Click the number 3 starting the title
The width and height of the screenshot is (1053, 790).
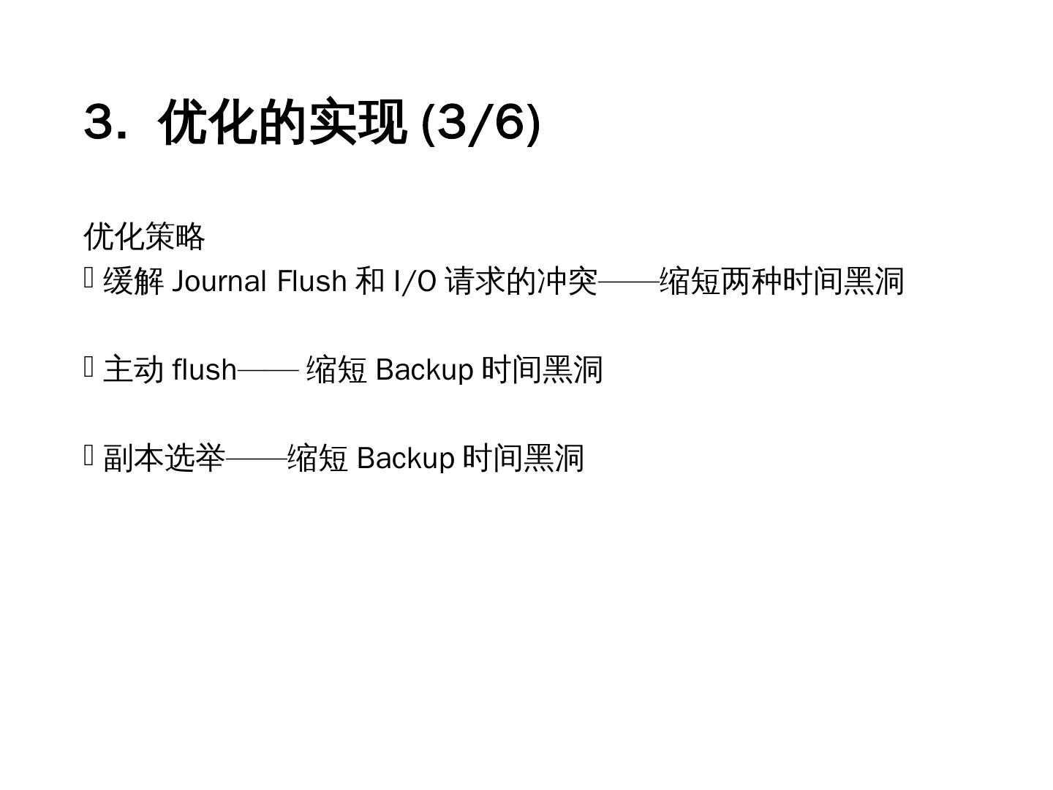click(100, 121)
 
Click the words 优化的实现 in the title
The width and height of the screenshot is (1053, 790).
click(282, 122)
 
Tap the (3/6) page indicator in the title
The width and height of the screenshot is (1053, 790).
click(482, 122)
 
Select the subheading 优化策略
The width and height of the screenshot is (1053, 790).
click(145, 236)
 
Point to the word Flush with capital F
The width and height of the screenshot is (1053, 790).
click(312, 282)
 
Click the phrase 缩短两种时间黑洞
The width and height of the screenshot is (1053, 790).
click(782, 282)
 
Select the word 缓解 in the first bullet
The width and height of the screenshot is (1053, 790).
click(134, 282)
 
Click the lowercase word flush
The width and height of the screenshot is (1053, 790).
click(205, 369)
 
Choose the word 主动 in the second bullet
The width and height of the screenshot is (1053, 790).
click(134, 369)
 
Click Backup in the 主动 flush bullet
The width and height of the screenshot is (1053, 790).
click(424, 369)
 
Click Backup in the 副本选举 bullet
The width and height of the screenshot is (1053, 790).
click(406, 459)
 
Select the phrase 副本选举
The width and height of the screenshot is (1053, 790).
click(165, 459)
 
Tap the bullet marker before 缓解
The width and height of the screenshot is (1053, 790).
click(89, 278)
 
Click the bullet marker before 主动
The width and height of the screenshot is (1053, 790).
click(89, 366)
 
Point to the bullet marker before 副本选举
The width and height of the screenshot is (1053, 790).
click(89, 455)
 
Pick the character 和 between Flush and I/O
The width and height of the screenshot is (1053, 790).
click(369, 282)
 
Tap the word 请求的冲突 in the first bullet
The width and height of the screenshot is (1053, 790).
click(521, 282)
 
